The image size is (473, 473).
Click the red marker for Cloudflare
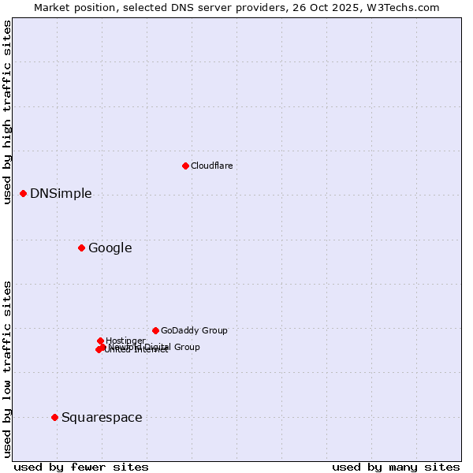[185, 166]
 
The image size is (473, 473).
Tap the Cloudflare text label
[211, 166]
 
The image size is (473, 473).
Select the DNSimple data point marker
[23, 193]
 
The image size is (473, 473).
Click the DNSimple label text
[61, 194]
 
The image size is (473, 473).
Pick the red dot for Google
[81, 248]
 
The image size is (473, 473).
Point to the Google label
[110, 248]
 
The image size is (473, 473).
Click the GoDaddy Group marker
[155, 330]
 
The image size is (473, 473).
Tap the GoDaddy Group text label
[194, 330]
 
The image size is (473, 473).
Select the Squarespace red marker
[54, 417]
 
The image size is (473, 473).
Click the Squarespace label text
[102, 418]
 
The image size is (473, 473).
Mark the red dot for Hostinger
[100, 341]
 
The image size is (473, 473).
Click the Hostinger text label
[125, 341]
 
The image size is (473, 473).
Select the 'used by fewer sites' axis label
[81, 467]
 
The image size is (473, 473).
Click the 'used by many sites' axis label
[396, 467]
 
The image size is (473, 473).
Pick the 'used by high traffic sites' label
[7, 112]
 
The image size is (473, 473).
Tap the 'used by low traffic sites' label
[7, 368]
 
